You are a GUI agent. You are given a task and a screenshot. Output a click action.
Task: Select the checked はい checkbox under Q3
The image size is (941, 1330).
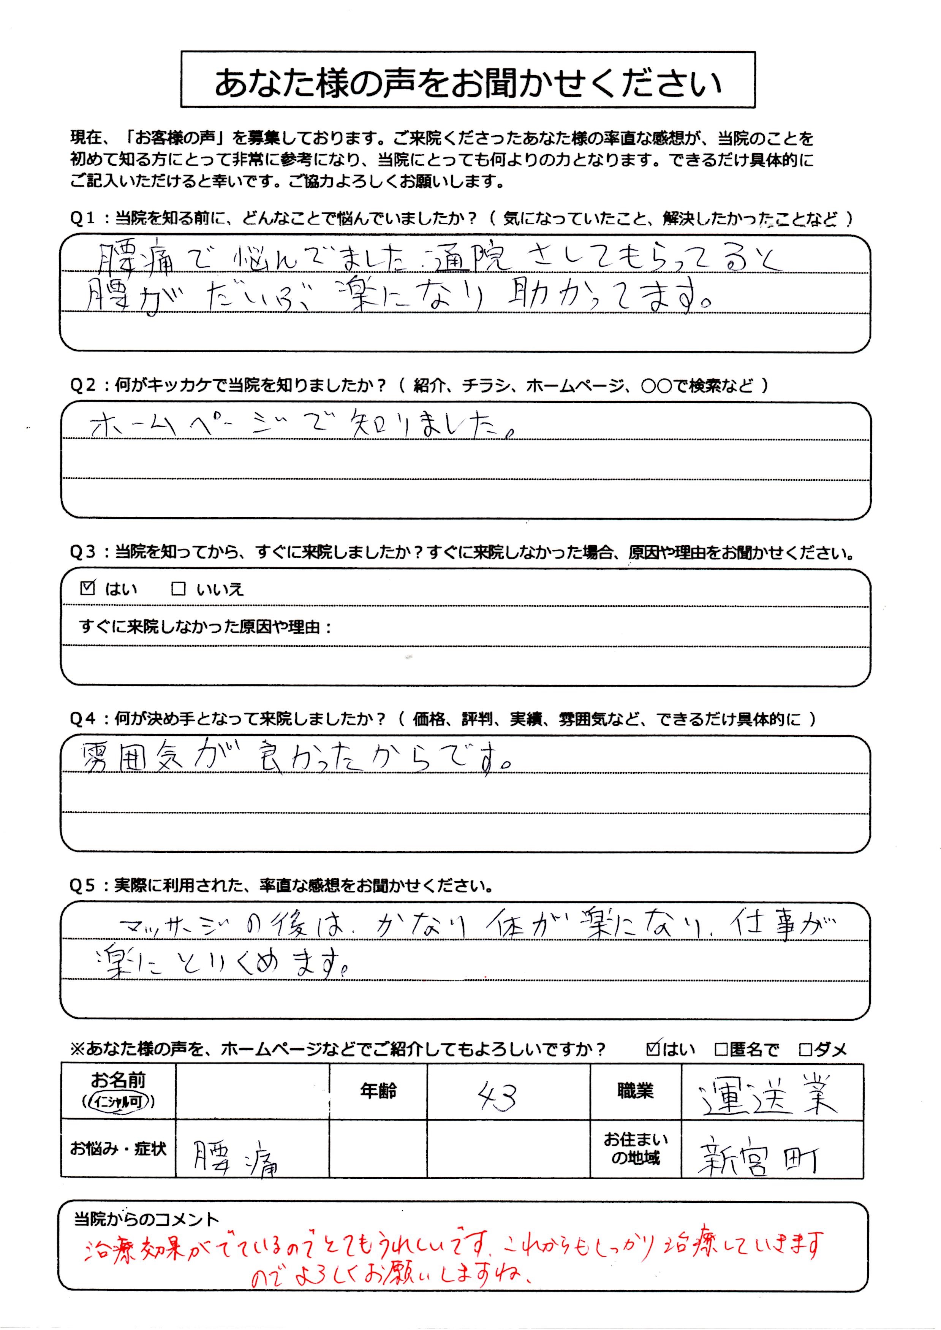point(87,589)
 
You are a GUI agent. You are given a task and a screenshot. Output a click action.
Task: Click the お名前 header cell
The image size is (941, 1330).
point(118,1091)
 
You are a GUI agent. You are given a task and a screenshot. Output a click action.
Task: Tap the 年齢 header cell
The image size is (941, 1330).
point(378,1091)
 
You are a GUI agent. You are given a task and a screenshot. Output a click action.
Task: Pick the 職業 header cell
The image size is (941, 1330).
point(635,1091)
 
